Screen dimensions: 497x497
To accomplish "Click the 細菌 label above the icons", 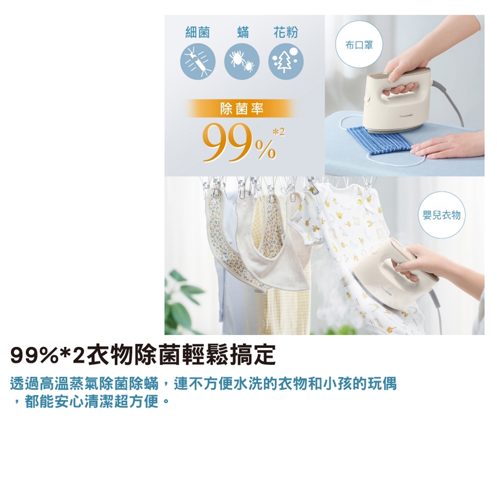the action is point(197,33).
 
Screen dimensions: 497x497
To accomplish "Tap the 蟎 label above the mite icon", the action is point(243,33).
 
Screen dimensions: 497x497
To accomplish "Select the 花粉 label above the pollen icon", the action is point(286,33).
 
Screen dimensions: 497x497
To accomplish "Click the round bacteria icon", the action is point(198,62).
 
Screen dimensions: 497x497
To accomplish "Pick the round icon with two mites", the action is point(242,62).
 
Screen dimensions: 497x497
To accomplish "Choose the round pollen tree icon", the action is point(286,62).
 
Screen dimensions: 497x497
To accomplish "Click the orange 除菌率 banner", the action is point(242,109).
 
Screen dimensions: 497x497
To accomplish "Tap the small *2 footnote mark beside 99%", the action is point(279,133).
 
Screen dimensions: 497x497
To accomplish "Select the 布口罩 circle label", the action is point(359,45).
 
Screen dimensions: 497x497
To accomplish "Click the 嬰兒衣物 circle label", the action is point(442,215).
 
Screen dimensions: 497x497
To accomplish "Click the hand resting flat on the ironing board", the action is point(449,144).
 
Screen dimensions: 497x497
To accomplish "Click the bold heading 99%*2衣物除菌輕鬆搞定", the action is point(143,356).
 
